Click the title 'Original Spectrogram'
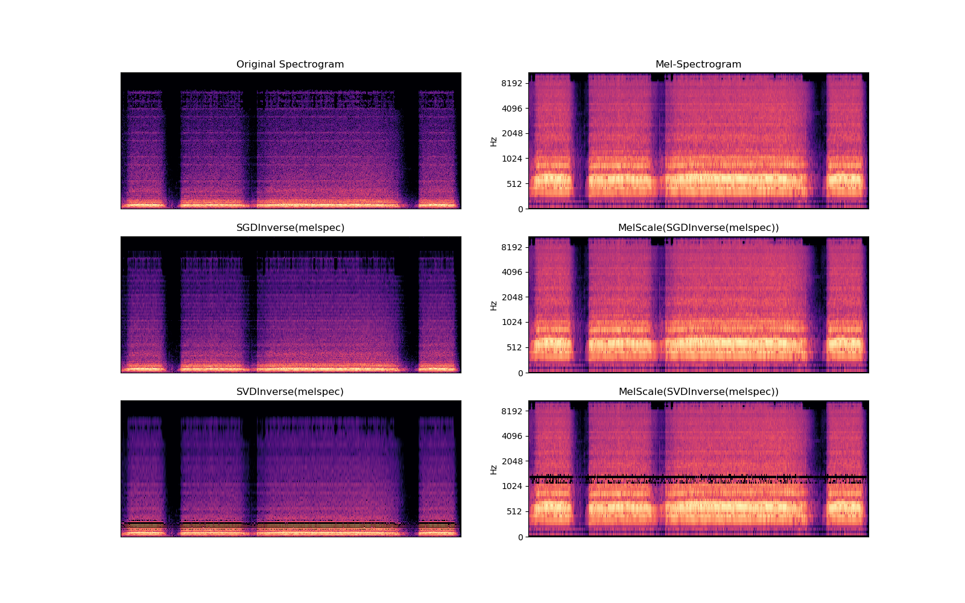[x=290, y=65]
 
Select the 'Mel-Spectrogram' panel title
[x=698, y=65]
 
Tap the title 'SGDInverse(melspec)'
[x=290, y=228]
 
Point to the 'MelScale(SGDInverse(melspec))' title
[x=698, y=228]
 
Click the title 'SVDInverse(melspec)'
[x=290, y=392]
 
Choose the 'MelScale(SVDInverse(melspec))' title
[x=698, y=392]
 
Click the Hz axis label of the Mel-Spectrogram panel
[x=493, y=141]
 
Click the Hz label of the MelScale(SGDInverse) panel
[x=493, y=305]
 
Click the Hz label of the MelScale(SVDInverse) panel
[x=493, y=469]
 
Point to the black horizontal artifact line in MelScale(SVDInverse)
[x=698, y=477]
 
